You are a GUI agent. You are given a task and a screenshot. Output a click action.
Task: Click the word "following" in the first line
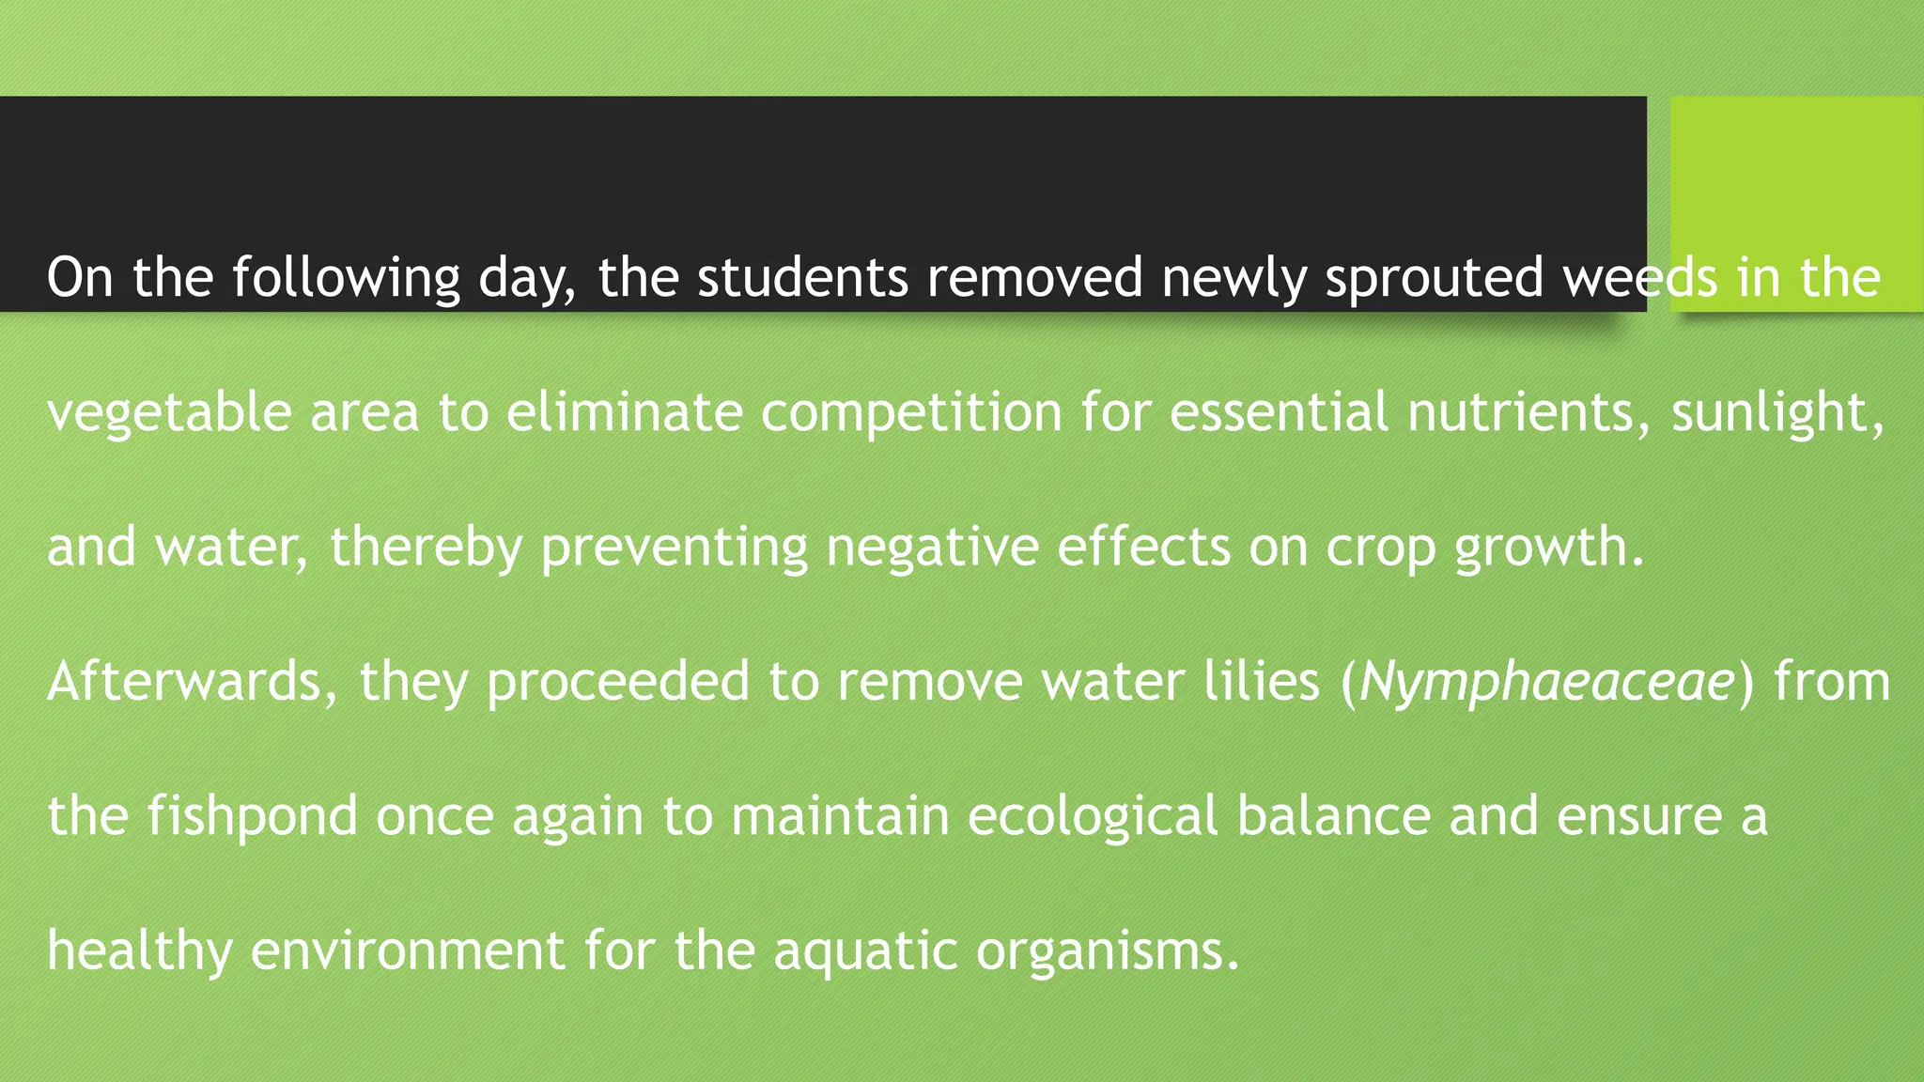coord(346,278)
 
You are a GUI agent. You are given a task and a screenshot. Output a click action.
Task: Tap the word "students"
coord(802,278)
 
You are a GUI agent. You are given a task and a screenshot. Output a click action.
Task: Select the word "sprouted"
coord(1435,278)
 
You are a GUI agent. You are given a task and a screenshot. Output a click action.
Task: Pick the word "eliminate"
coord(624,411)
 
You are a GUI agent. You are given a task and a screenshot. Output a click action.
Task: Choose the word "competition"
coord(911,413)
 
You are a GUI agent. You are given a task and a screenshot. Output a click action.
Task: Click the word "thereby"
coord(426,548)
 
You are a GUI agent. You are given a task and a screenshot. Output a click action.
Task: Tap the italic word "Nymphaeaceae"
coord(1546,683)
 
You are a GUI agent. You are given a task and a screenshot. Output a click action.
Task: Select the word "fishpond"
coord(252,816)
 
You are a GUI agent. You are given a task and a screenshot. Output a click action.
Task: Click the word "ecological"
coord(1093,816)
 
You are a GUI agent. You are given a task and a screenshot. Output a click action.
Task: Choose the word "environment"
coord(408,950)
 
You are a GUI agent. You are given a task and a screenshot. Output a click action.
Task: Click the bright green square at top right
coord(1795,178)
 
